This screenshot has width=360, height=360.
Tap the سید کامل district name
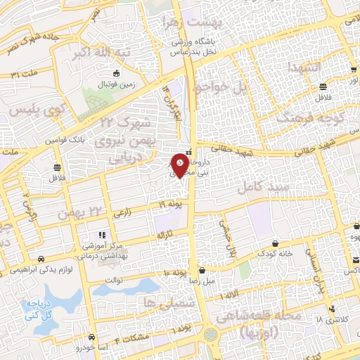coord(264,188)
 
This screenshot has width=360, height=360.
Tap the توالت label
coord(113,279)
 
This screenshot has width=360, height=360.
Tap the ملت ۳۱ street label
coord(21,72)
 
